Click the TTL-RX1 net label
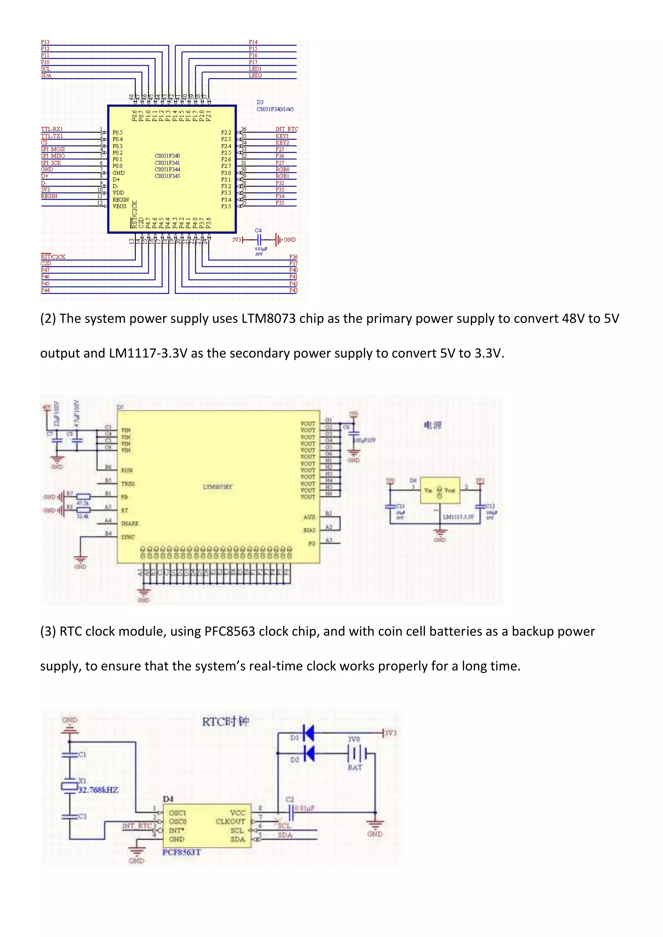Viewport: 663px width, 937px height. tap(52, 129)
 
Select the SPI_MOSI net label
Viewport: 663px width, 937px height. tap(53, 149)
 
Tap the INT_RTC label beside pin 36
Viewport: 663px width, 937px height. tap(287, 129)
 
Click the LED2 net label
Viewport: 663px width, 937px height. tap(255, 75)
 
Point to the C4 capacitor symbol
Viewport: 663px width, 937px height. tap(258, 239)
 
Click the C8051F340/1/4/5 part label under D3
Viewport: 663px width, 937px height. tap(275, 109)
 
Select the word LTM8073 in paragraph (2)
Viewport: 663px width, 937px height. tap(268, 318)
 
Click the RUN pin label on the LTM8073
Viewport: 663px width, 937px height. tap(127, 470)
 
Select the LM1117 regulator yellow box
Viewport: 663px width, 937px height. tap(440, 490)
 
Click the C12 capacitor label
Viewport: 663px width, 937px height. tap(490, 506)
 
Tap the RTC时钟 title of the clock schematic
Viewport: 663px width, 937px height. tap(225, 722)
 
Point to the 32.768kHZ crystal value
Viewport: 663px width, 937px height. tap(98, 790)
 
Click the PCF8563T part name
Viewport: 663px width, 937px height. tap(181, 852)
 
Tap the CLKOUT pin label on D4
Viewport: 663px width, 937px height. tap(230, 821)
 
